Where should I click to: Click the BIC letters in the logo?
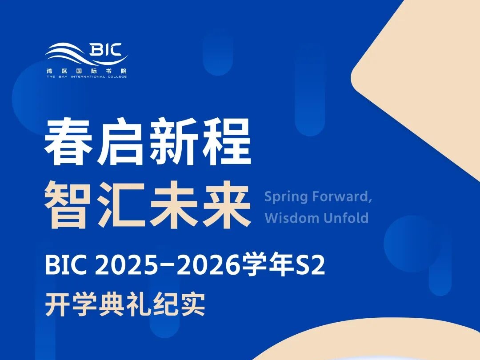(106, 50)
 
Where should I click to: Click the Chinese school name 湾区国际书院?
(86, 71)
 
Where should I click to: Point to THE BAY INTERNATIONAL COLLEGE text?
(86, 76)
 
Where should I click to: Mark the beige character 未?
(174, 204)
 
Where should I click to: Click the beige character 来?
(226, 204)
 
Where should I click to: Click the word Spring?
(286, 197)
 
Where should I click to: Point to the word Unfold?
(346, 218)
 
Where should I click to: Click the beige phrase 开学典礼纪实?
(125, 304)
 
